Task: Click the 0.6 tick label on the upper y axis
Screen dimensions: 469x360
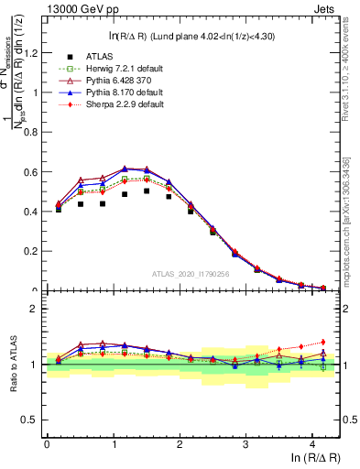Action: coord(32,171)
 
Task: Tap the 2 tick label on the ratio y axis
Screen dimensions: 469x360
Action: coord(37,309)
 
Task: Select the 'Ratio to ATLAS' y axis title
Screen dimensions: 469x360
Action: coord(12,364)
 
